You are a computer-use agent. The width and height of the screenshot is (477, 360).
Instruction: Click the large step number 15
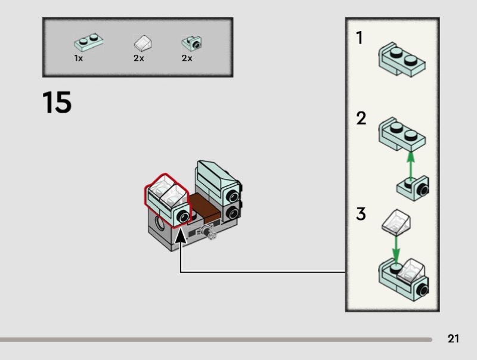coord(57,103)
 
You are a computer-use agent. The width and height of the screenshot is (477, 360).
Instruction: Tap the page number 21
coord(453,339)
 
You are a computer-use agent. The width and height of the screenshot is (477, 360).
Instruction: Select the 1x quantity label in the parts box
coord(78,58)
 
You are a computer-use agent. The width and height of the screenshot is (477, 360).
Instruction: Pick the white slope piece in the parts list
coord(142,43)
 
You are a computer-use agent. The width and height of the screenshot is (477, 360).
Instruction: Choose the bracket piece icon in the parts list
coord(191,43)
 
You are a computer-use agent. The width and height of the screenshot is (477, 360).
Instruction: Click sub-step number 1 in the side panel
coord(359,38)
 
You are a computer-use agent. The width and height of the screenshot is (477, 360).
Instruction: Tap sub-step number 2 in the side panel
coord(361,119)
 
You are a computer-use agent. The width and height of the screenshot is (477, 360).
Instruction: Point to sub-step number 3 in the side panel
coord(361,213)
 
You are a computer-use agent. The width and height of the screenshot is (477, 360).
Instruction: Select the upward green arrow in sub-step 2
coord(410,165)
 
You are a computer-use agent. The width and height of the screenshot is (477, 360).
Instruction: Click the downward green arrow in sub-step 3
coord(395,247)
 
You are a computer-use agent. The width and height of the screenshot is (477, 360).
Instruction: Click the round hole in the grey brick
coord(161,225)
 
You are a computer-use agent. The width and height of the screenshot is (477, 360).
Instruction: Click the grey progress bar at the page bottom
coord(215,340)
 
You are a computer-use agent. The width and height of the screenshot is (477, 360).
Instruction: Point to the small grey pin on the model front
coord(209,233)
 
